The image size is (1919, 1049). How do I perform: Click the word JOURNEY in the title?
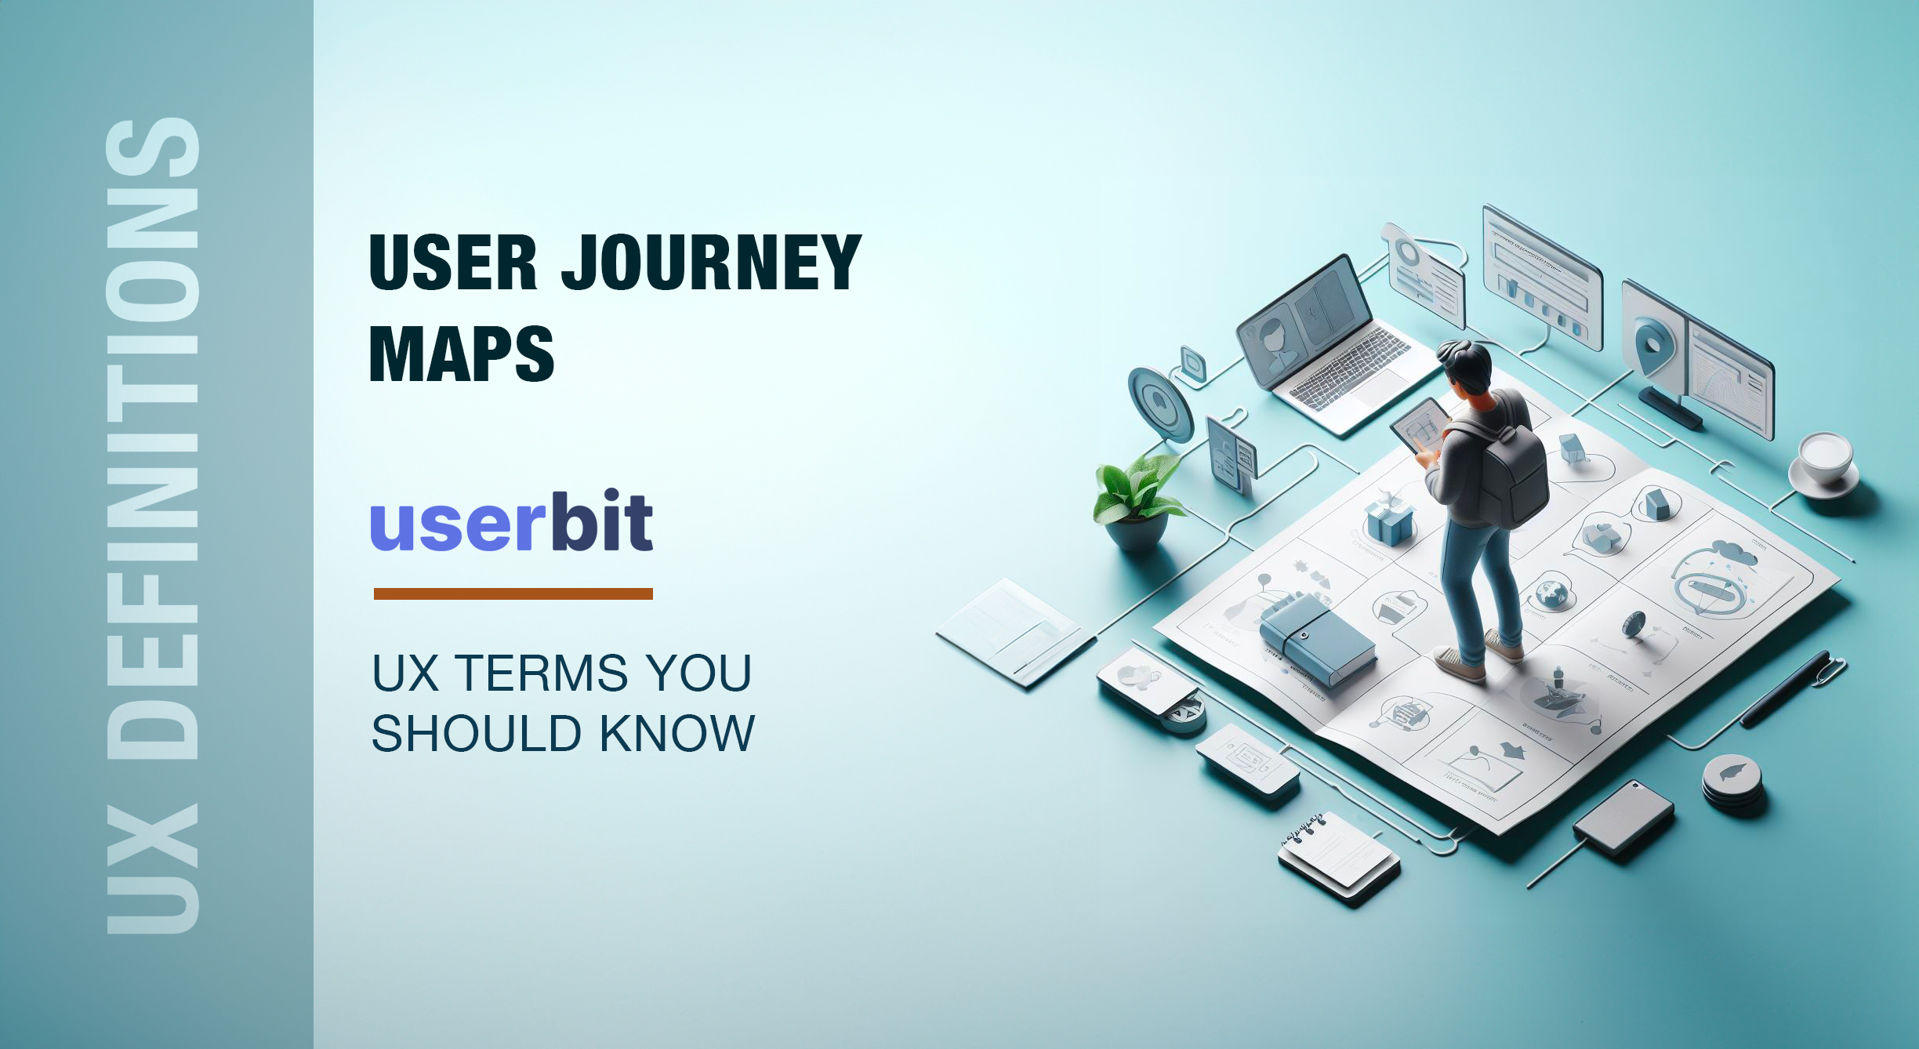(710, 263)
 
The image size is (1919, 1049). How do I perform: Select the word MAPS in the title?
(461, 354)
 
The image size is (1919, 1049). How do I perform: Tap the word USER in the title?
(453, 263)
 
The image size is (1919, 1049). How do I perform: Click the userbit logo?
(511, 522)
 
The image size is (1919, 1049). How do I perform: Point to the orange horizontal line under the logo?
(513, 593)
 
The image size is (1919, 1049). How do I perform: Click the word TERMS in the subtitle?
(541, 673)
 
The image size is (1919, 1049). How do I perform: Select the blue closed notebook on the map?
(1317, 639)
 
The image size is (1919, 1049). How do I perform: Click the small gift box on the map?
(1389, 521)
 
